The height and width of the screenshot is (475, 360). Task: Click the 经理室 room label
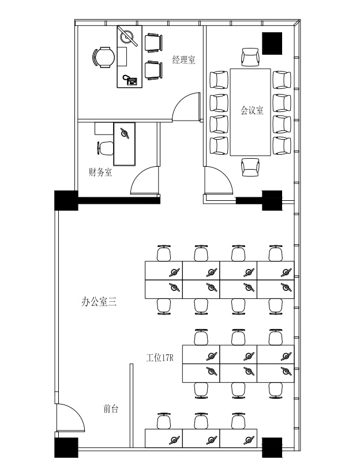(184, 59)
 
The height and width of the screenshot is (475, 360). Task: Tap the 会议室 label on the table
(252, 110)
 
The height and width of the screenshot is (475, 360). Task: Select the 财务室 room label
(100, 172)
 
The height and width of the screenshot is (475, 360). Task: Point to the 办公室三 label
(99, 302)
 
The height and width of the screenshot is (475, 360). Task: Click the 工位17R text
(160, 358)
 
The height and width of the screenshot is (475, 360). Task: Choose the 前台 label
(111, 409)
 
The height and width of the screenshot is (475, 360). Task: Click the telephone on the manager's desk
(130, 80)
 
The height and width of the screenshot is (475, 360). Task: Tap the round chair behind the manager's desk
(103, 57)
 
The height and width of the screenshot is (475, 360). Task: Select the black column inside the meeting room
(272, 43)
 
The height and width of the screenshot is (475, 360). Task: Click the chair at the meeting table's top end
(250, 57)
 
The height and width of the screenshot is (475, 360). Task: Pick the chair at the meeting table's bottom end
(250, 167)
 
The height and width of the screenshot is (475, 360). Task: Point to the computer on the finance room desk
(125, 133)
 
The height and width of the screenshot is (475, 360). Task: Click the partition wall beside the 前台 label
(132, 405)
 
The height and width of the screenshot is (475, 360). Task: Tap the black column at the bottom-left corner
(66, 447)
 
